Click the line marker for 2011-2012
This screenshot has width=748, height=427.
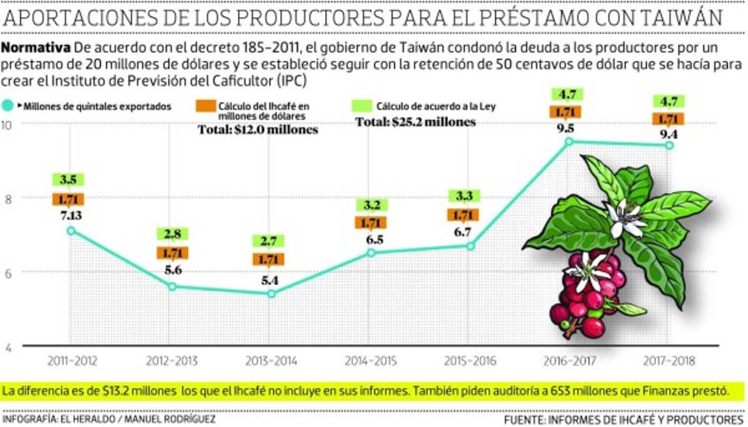point(71,230)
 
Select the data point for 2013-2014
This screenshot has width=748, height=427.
point(271,293)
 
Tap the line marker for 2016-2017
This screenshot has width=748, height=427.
point(568,142)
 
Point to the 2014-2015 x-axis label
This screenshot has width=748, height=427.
point(370,361)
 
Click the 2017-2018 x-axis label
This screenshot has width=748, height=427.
point(669,361)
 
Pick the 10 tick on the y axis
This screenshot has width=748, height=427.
point(9,124)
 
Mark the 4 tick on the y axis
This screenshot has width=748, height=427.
point(9,348)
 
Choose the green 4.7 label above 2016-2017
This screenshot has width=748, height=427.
point(567,95)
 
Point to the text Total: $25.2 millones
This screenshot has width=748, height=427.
point(415,122)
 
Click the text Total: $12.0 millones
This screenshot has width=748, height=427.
point(258,130)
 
